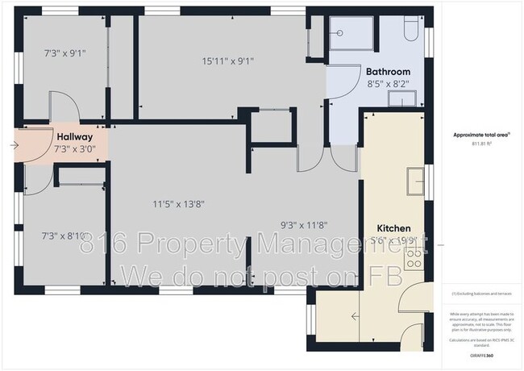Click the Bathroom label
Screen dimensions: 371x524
tap(385, 71)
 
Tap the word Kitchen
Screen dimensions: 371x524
tap(395, 228)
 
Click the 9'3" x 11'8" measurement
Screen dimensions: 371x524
tap(303, 226)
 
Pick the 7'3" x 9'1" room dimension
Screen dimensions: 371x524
tap(64, 53)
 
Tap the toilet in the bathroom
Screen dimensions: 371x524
tap(408, 30)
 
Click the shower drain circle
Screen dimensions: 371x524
tap(339, 33)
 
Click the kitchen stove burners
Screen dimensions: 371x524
tap(416, 257)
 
